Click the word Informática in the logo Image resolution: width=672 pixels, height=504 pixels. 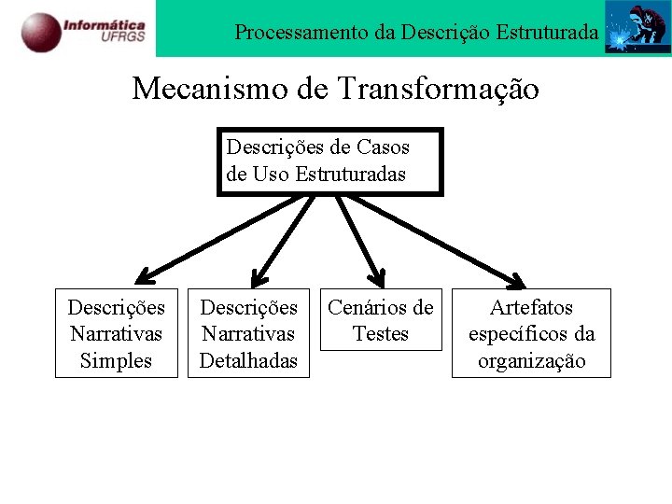[104, 22]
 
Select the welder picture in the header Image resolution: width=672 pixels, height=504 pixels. [637, 28]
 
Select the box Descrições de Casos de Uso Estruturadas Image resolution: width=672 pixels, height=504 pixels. [329, 161]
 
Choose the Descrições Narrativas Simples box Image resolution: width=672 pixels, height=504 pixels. [117, 333]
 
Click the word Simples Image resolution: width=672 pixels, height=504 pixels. [117, 360]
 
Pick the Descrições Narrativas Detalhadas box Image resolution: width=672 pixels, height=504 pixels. [249, 333]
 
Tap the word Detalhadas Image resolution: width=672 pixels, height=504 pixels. [249, 360]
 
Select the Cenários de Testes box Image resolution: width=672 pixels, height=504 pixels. [381, 320]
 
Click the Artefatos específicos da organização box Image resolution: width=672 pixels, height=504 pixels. [531, 333]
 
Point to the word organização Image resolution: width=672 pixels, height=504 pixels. [531, 360]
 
